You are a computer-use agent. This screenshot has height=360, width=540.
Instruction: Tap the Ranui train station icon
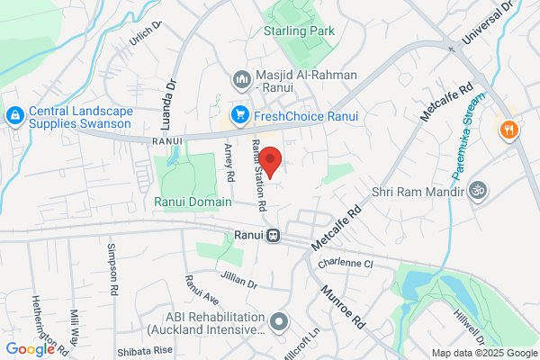click(272, 236)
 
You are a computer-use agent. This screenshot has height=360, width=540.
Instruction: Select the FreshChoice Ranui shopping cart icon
click(239, 114)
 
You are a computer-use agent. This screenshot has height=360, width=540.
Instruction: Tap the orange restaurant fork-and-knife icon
click(509, 129)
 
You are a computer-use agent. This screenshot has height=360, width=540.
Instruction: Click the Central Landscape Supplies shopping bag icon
click(14, 116)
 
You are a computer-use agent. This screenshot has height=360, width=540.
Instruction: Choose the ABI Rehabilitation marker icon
click(280, 320)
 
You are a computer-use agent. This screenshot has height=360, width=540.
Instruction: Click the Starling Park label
click(299, 31)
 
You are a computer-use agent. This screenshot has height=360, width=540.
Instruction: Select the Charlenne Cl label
click(344, 265)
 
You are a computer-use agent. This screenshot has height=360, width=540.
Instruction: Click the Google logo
click(30, 349)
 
